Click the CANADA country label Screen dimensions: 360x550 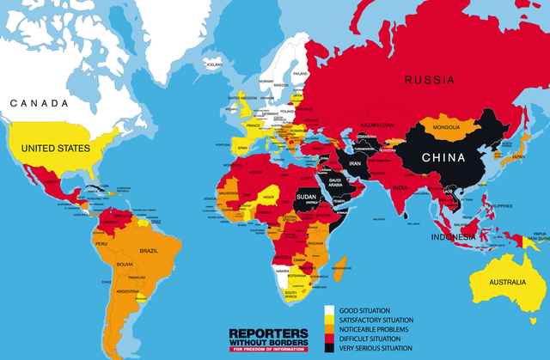[39, 103]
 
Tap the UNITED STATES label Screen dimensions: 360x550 [56, 149]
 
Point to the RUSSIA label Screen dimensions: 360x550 [430, 81]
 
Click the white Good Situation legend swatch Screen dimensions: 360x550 [329, 310]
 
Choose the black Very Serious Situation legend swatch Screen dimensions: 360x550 [329, 348]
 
